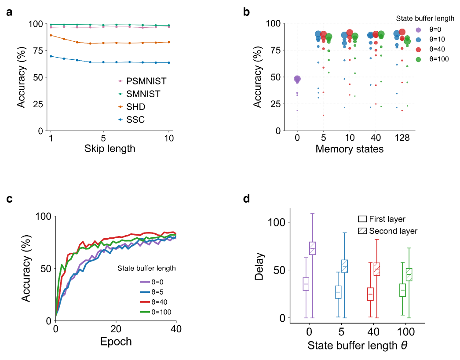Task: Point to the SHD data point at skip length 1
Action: tap(51, 35)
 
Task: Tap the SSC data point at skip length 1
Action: tap(51, 56)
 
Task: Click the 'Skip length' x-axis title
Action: tap(110, 149)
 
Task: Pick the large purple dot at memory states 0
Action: tap(297, 79)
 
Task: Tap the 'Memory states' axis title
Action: tap(349, 149)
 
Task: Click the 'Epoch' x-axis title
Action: tap(116, 341)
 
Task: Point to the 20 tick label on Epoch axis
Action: tap(116, 329)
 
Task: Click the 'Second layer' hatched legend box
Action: tap(363, 231)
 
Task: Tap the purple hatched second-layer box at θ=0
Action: tap(313, 248)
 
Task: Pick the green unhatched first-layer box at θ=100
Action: tap(402, 290)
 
